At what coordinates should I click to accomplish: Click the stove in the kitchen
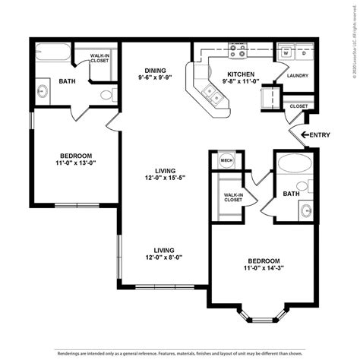(237, 53)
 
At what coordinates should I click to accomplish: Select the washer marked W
(285, 53)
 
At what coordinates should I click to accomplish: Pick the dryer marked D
(303, 53)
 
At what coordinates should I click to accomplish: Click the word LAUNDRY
(297, 76)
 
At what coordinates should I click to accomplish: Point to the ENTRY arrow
(306, 135)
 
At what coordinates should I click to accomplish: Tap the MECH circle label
(226, 160)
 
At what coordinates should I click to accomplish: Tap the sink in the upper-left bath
(43, 92)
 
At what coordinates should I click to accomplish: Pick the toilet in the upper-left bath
(109, 95)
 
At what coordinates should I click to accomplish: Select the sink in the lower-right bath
(306, 210)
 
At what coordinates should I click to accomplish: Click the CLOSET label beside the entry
(298, 106)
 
